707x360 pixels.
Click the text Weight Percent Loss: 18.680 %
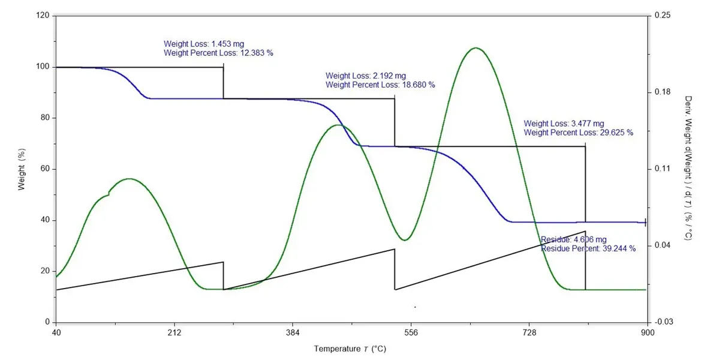(380, 85)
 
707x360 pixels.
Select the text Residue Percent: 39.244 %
(588, 248)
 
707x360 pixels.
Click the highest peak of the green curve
(476, 48)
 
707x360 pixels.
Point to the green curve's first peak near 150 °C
(130, 179)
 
